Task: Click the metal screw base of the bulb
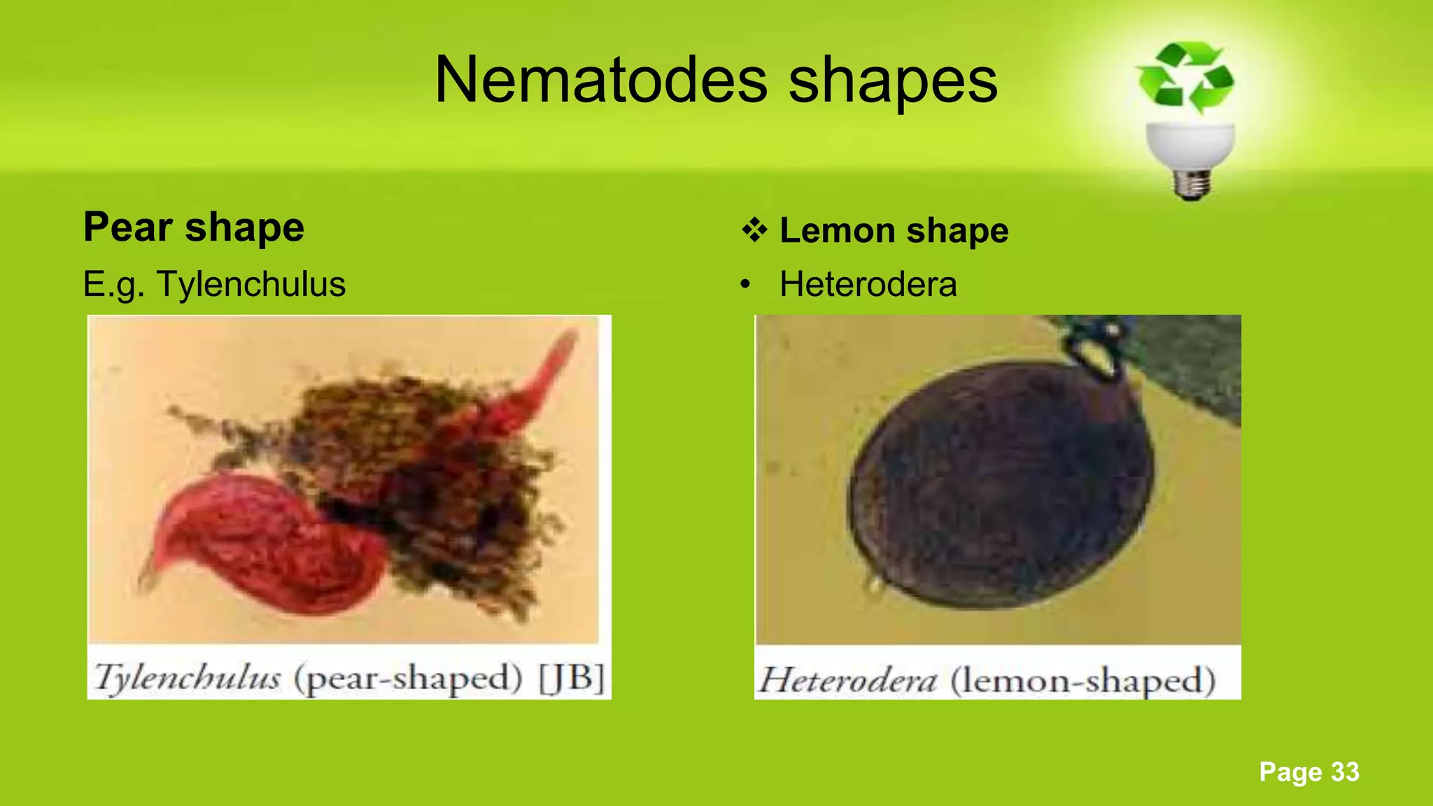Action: pos(1192,183)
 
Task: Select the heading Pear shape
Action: pos(194,227)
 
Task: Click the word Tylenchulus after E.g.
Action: pos(251,284)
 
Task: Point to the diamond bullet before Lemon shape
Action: pos(754,230)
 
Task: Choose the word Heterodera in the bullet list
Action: pos(868,284)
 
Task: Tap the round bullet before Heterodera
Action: pos(746,285)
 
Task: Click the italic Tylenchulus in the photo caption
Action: pos(188,677)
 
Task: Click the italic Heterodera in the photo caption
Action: pos(847,680)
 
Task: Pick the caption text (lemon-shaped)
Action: pos(1082,680)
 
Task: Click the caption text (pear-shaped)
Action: pos(408,677)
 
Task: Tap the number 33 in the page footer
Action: pos(1344,772)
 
